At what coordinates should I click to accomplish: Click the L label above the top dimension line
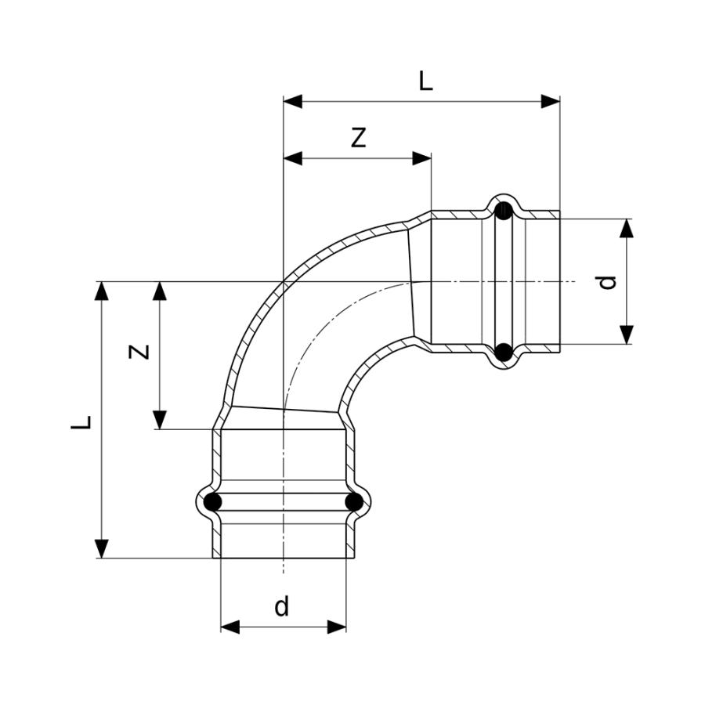tap(425, 81)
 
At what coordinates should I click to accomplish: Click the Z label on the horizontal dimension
tap(358, 138)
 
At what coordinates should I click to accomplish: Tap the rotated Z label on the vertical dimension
tap(139, 351)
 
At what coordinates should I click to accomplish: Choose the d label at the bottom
tap(282, 606)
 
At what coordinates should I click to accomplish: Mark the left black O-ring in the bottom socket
tap(212, 502)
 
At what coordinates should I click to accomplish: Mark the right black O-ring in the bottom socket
tap(354, 502)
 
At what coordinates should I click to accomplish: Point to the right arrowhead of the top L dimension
tap(551, 102)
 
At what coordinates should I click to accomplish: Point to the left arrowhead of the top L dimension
tap(293, 102)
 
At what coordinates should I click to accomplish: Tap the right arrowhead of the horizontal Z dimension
tap(421, 158)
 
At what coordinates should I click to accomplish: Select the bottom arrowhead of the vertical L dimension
tap(102, 548)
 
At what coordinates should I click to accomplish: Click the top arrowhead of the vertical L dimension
tap(102, 291)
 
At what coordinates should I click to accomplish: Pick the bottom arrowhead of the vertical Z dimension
tap(160, 420)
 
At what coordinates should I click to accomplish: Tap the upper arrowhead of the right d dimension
tap(627, 228)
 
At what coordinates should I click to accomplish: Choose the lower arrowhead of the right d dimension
tap(627, 335)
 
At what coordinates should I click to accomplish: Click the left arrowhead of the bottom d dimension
tap(230, 627)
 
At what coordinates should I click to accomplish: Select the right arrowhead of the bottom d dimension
tap(337, 627)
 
